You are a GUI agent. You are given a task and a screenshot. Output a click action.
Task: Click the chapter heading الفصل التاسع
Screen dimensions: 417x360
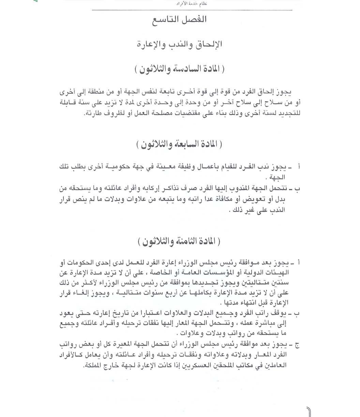(180, 19)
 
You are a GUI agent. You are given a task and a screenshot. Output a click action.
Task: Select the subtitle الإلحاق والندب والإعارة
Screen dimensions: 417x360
(180, 44)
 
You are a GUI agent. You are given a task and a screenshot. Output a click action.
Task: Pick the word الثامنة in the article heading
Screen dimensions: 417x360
(187, 242)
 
